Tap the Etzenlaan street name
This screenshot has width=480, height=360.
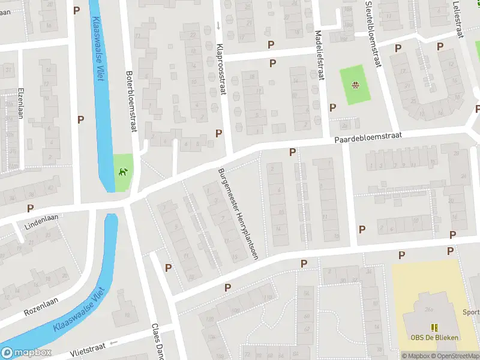20,103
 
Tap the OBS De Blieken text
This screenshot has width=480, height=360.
434,337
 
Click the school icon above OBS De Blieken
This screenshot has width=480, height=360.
434,327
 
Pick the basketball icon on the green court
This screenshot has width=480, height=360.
355,85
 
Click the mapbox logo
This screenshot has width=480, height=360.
26,353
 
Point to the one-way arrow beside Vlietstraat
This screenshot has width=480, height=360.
114,343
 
